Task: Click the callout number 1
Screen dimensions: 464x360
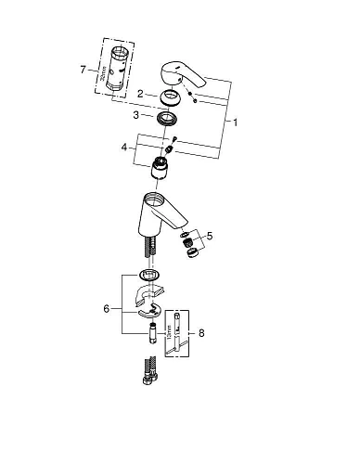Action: [x=238, y=122]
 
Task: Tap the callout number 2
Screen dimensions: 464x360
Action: [x=139, y=94]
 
